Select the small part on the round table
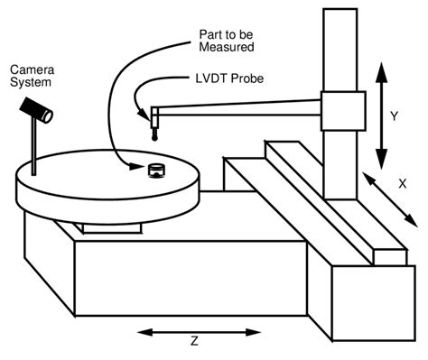pos(157,170)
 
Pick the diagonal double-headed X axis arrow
pos(386,197)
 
